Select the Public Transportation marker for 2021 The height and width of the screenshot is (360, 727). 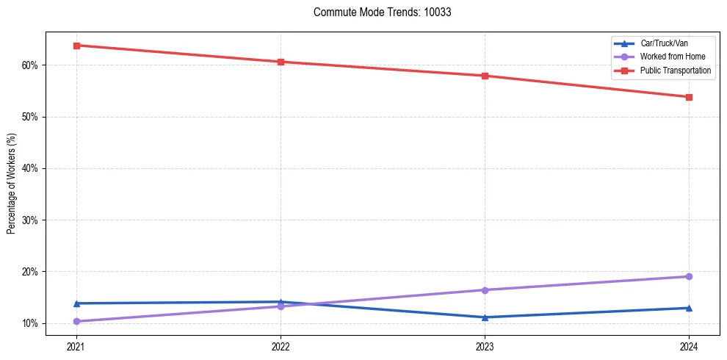click(76, 46)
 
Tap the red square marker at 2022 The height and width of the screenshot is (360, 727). click(281, 62)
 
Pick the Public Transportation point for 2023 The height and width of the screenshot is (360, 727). click(485, 76)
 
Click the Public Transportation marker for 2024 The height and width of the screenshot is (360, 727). click(689, 97)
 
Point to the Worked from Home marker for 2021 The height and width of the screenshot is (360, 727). click(76, 321)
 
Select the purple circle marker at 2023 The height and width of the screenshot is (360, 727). click(485, 289)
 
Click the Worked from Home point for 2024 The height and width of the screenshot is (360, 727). click(689, 276)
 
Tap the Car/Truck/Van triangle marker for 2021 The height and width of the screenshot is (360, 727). click(76, 303)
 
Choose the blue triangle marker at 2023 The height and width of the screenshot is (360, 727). click(485, 317)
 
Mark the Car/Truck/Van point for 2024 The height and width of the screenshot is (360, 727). click(689, 308)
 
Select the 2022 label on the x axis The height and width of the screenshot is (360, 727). click(281, 345)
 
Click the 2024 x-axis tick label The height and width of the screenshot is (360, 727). click(689, 345)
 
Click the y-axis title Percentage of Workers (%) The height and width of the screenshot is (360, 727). click(11, 184)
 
